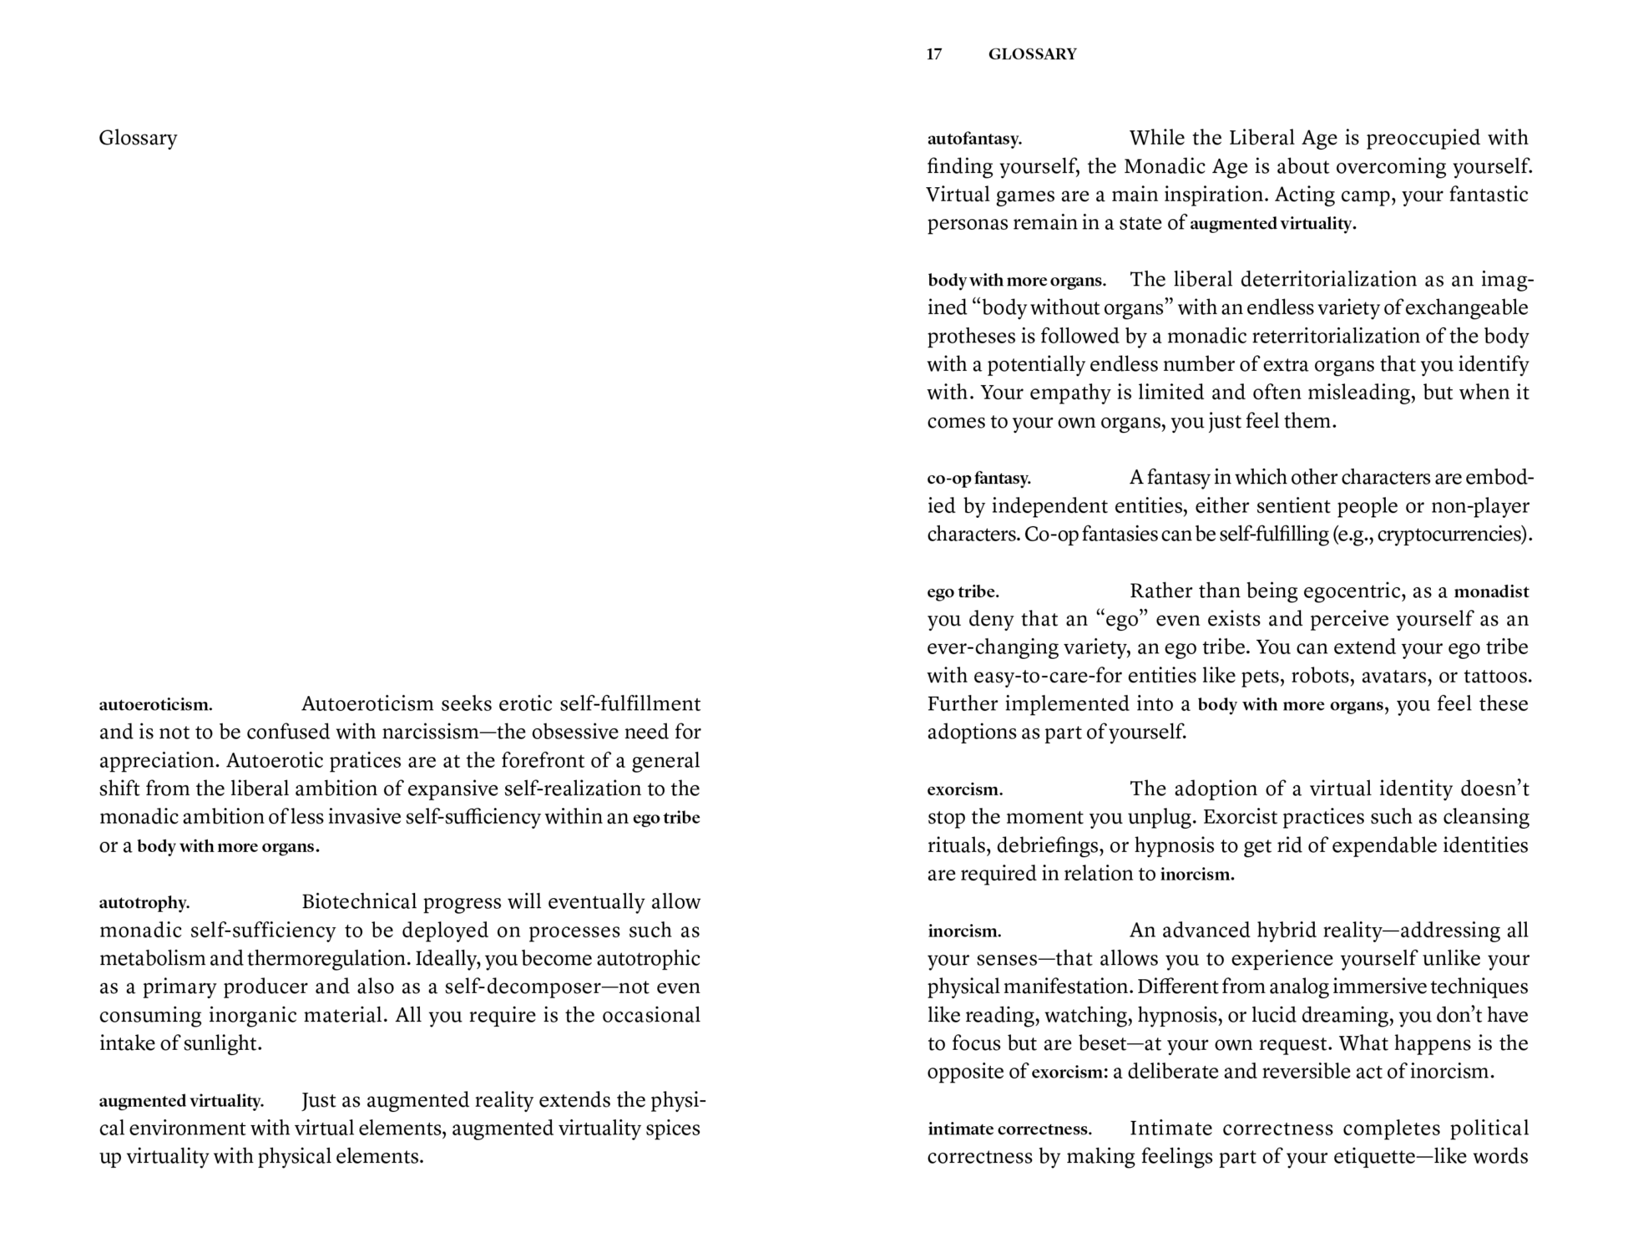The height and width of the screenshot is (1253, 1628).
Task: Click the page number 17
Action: tap(934, 54)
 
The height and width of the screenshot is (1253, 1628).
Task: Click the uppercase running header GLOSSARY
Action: tap(1032, 54)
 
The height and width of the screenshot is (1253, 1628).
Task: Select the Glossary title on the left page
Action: tap(138, 138)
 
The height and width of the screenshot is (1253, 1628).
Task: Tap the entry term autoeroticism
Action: tap(155, 705)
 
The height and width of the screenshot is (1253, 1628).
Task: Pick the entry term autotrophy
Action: tap(144, 903)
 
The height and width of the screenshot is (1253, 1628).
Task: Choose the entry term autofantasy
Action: tap(974, 139)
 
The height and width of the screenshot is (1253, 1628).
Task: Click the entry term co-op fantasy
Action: tap(978, 479)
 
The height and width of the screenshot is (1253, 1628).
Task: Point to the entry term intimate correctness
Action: tap(1009, 1129)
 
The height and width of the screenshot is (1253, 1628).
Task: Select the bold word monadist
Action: tap(1491, 592)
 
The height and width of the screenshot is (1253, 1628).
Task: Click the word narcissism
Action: tap(430, 733)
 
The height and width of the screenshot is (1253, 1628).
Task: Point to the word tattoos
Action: tap(1498, 676)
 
